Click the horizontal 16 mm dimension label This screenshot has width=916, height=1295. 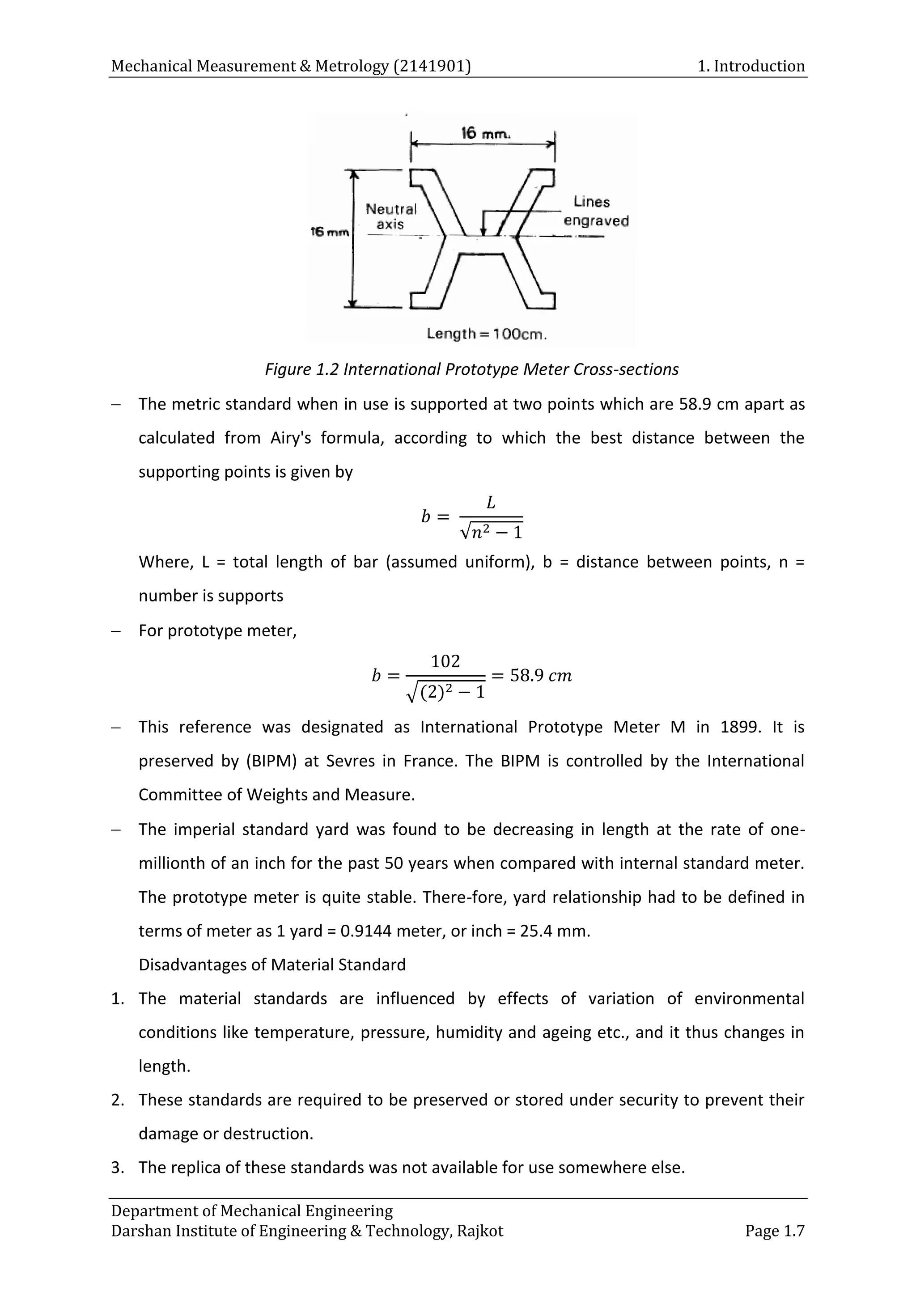(485, 134)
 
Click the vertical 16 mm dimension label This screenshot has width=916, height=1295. (330, 232)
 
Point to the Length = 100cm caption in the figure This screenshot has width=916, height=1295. (486, 334)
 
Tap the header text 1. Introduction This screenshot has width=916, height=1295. (751, 66)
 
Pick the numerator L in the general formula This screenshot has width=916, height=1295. (491, 502)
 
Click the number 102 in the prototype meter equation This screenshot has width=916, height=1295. (445, 660)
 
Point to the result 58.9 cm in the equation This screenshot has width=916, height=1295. (540, 675)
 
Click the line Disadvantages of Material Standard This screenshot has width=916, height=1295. (272, 965)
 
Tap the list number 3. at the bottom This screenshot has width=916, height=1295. (117, 1168)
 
